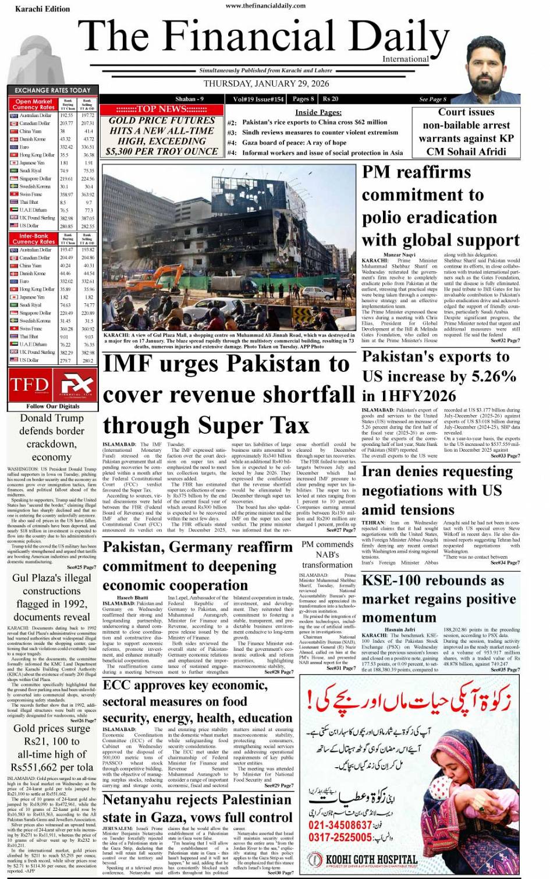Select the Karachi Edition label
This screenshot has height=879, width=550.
coord(42,9)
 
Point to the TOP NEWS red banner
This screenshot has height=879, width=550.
coord(162,109)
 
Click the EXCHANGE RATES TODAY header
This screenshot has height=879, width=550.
coord(52,90)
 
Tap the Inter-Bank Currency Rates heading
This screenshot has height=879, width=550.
coord(33,239)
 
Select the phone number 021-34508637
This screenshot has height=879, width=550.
coord(340,825)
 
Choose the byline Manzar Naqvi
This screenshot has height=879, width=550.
coord(399,254)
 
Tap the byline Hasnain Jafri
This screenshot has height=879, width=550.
coord(400,629)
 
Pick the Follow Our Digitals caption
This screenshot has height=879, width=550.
coord(52,406)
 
